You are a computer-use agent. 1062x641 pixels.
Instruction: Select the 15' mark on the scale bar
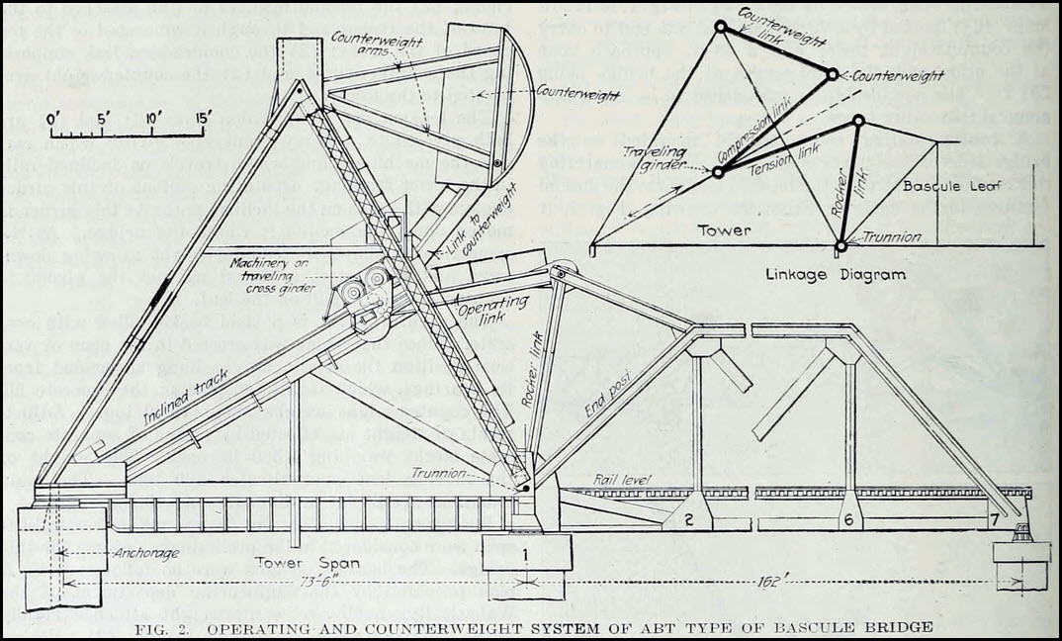(x=203, y=117)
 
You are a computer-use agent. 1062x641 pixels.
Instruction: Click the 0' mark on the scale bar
(x=55, y=117)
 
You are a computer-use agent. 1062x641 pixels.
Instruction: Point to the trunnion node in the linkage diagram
(x=841, y=245)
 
